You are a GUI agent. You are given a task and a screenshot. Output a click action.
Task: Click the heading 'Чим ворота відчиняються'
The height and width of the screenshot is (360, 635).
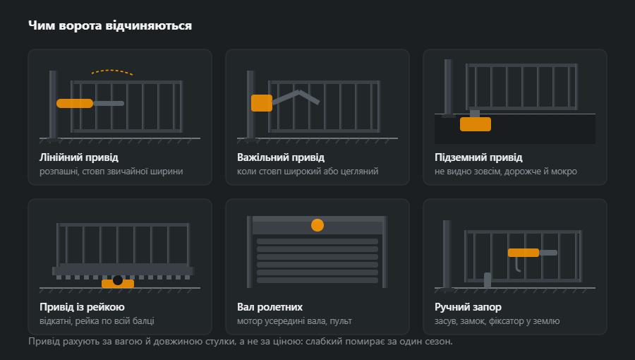pos(110,25)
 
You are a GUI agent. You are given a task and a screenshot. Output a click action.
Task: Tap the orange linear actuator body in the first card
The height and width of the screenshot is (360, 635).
pos(75,103)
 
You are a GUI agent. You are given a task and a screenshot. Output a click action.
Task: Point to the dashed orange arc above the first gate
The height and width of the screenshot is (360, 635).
pos(112,72)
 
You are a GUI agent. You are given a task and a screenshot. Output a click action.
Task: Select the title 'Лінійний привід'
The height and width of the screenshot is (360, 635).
pos(79,157)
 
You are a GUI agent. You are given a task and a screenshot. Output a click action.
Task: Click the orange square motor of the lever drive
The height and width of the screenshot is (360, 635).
pos(262,103)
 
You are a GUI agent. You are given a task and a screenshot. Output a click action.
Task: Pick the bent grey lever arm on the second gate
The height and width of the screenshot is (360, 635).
pos(297,97)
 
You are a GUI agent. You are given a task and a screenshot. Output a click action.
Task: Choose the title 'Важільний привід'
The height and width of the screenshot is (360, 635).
pos(281,157)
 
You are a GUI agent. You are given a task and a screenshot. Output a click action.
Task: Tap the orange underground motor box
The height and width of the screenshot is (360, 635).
pos(476,124)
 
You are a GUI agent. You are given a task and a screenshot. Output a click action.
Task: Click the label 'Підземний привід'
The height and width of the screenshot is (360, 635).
pos(478,157)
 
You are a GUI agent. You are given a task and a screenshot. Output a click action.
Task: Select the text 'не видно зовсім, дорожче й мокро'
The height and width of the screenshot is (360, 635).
pos(506,172)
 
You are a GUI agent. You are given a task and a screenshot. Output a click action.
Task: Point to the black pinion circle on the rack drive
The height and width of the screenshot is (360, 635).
pos(118,280)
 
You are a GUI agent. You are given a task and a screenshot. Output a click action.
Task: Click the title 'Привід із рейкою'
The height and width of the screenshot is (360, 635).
pos(82,307)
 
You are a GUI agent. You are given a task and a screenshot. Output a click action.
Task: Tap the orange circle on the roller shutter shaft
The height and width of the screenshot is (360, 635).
pos(317,225)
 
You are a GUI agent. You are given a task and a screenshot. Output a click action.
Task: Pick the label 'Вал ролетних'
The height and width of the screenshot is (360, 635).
pos(270,307)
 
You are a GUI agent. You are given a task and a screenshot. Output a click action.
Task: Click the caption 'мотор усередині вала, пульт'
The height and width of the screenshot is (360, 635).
pos(294,321)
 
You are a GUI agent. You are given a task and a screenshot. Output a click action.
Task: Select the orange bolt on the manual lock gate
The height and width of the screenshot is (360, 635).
pos(524,253)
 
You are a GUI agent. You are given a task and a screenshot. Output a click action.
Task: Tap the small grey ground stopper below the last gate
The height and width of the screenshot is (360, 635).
pos(488,280)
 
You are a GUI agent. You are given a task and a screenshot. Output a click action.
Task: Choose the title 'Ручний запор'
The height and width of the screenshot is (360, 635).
pos(468,307)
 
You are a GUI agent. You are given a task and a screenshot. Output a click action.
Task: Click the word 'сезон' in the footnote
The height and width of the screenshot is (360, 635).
pos(438,342)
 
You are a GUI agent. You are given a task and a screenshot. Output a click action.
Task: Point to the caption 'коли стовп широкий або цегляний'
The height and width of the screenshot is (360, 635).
pos(308,172)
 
